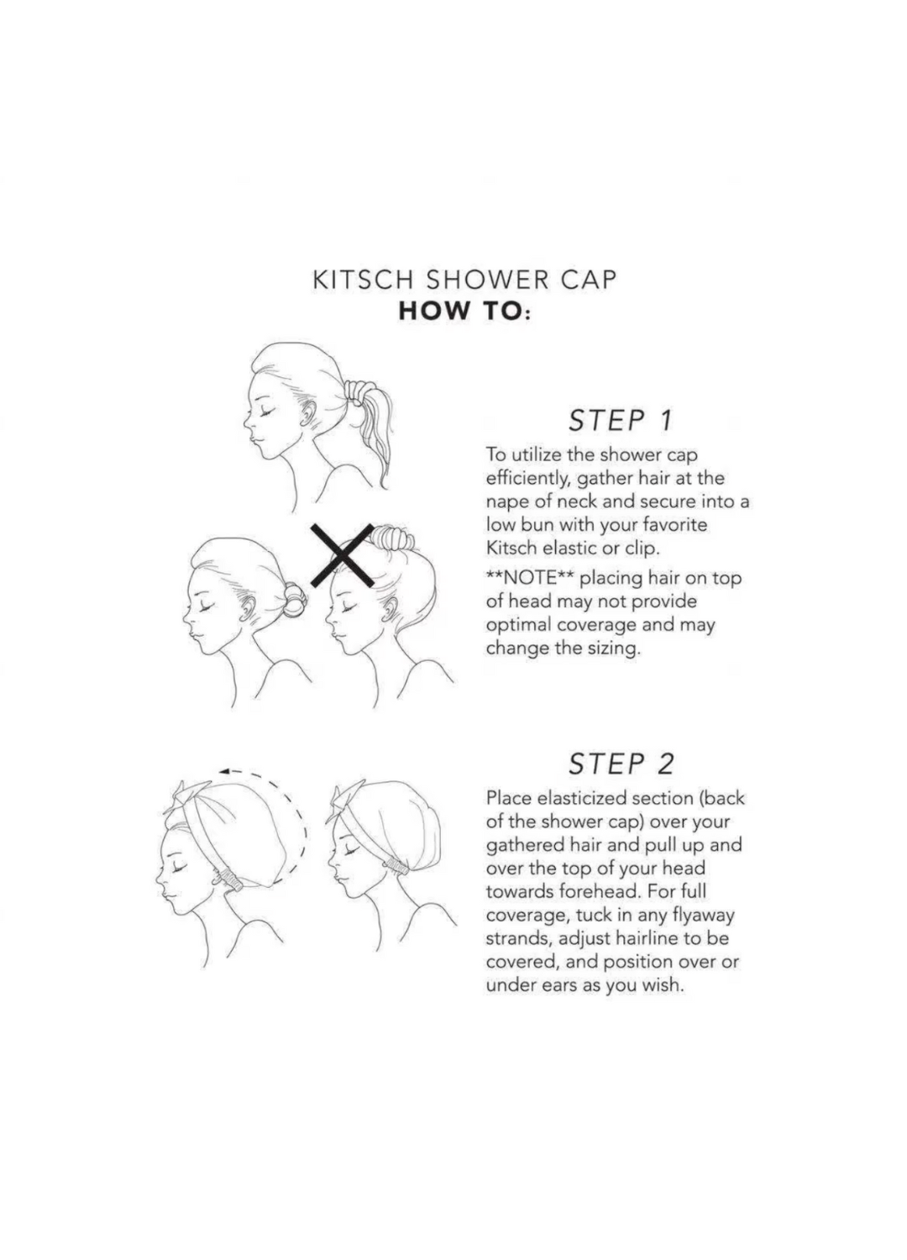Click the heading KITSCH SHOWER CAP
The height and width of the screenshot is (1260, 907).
pos(464,280)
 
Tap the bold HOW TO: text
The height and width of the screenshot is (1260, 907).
pos(464,312)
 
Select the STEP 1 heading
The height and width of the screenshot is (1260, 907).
pos(621,422)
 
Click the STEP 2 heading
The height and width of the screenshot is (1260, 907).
pos(621,764)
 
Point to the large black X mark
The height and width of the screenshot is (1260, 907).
pos(343,554)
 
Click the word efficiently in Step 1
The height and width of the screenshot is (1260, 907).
pos(527,480)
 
